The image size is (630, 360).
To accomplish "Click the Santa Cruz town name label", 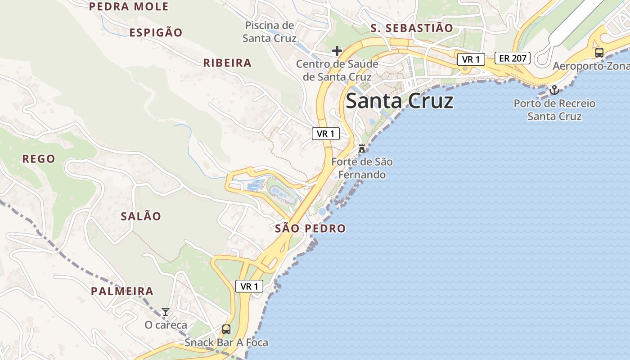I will [399, 101].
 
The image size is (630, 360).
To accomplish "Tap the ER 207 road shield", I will [513, 58].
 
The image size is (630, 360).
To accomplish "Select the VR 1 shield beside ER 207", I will [471, 59].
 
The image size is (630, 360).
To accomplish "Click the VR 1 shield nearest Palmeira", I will [249, 286].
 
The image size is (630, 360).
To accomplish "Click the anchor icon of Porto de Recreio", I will [554, 90].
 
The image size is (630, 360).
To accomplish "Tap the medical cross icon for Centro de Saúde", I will [337, 51].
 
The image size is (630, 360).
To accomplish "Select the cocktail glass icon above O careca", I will [166, 312].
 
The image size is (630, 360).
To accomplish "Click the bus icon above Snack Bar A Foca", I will [226, 329].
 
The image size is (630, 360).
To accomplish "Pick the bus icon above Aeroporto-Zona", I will [599, 52].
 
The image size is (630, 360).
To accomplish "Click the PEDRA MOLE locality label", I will [129, 6].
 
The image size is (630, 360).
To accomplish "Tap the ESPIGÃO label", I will [156, 32].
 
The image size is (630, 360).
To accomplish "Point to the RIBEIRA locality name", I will [227, 63].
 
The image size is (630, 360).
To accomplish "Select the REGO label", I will [39, 159].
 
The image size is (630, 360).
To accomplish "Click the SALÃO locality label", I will [141, 216].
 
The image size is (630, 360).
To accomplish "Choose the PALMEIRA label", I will [122, 291].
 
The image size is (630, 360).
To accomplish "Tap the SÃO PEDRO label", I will [310, 229].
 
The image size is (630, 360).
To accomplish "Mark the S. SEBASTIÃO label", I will [412, 28].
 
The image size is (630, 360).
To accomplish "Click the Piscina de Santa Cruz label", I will [269, 31].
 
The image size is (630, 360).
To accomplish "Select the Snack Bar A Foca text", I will [226, 343].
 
